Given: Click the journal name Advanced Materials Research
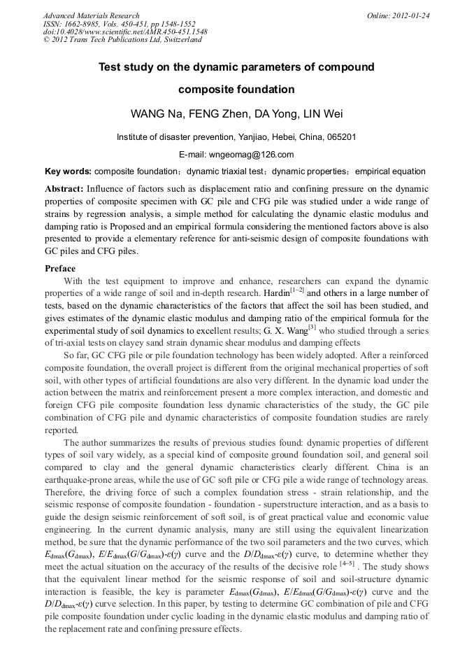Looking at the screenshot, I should tap(92, 15).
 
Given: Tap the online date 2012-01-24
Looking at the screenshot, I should tap(412, 15).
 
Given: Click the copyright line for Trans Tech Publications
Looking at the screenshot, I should tap(122, 40).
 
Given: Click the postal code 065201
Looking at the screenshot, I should tap(340, 137).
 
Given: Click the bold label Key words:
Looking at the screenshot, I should tap(68, 171).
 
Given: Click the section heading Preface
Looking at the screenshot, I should tap(60, 269).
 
